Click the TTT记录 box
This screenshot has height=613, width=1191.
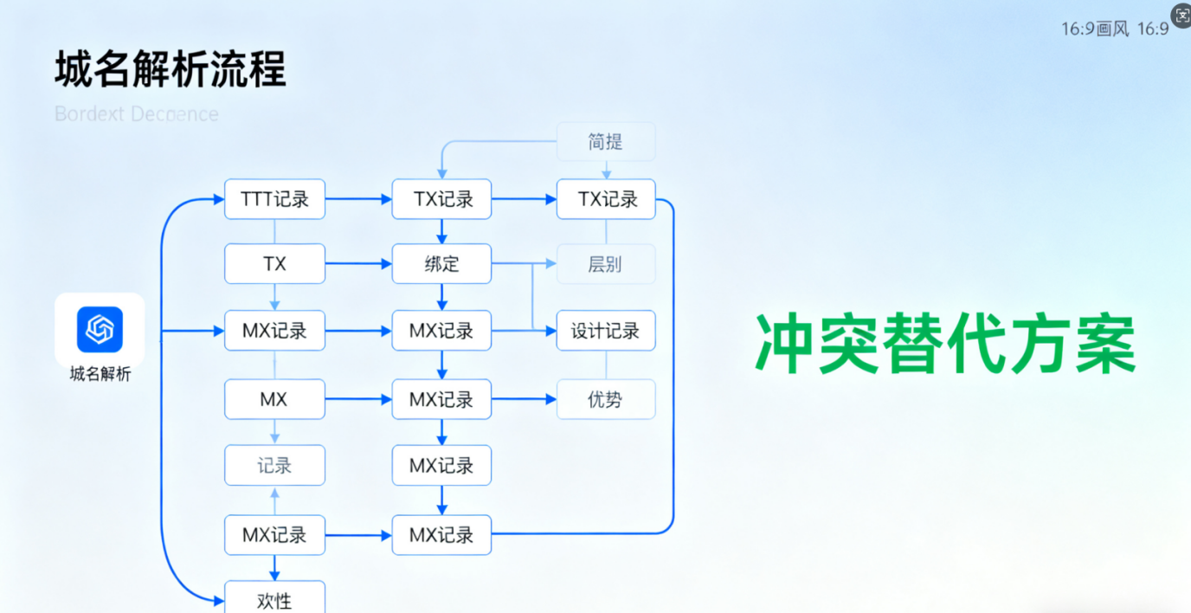coord(274,199)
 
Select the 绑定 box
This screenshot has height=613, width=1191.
coord(441,264)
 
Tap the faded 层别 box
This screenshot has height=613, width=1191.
coord(605,264)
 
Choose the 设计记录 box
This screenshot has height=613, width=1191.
coord(605,331)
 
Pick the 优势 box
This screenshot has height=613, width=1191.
coord(605,399)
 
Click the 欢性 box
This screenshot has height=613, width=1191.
coord(274,599)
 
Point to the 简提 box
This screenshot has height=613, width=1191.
coord(605,141)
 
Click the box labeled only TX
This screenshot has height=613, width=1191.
coord(274,264)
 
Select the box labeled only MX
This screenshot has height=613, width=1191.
coord(274,399)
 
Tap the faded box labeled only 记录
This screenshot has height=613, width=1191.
coord(274,466)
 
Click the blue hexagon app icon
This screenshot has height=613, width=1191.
coord(100,330)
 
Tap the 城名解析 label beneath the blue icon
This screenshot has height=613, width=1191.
coord(100,374)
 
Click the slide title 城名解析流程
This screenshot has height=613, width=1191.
coord(171,70)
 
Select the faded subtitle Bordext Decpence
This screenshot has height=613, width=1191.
coord(137,114)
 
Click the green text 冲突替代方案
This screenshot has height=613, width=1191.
coord(944,343)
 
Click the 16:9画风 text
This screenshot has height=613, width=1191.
coord(1095,29)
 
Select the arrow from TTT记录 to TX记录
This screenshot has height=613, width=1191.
coord(358,199)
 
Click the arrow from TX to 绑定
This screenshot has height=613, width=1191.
coord(358,264)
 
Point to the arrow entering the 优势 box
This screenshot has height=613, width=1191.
coord(524,399)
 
